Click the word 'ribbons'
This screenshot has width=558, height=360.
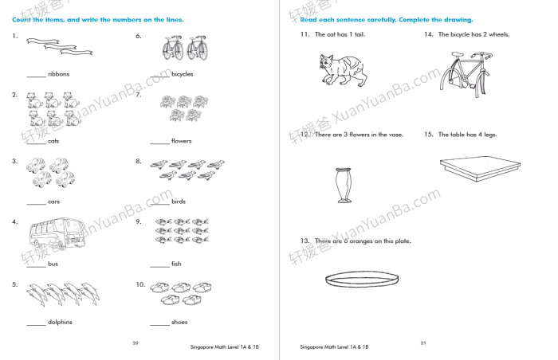pyautogui.click(x=59, y=74)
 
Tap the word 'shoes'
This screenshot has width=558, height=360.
pyautogui.click(x=180, y=323)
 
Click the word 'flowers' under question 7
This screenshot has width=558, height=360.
pyautogui.click(x=182, y=141)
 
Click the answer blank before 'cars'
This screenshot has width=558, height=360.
pyautogui.click(x=36, y=202)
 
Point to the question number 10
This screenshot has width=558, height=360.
pyautogui.click(x=139, y=284)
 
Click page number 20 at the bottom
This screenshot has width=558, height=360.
pyautogui.click(x=135, y=342)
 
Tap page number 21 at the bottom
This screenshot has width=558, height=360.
pyautogui.click(x=423, y=342)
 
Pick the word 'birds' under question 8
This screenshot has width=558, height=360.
pyautogui.click(x=179, y=202)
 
